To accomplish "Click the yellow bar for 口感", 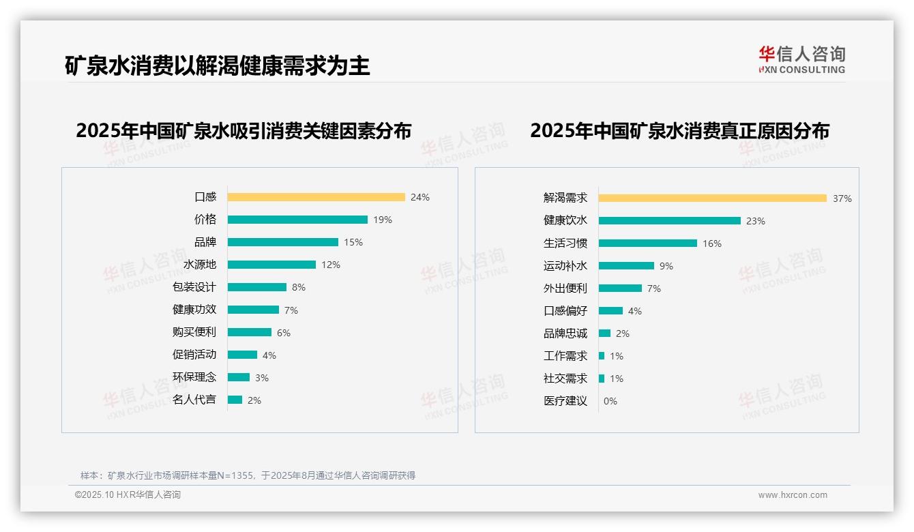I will pyautogui.click(x=316, y=197).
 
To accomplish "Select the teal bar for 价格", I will pyautogui.click(x=297, y=220).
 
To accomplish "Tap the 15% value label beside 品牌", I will pyautogui.click(x=353, y=242).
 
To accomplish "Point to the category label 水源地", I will pyautogui.click(x=200, y=265).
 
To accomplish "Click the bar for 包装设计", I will pyautogui.click(x=257, y=287).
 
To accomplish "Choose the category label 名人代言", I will pyautogui.click(x=194, y=400).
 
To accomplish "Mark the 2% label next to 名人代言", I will pyautogui.click(x=254, y=400).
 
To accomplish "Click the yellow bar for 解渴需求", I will pyautogui.click(x=713, y=198).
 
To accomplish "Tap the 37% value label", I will pyautogui.click(x=842, y=199).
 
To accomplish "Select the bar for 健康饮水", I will pyautogui.click(x=670, y=221).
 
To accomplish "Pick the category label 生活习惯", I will pyautogui.click(x=565, y=243).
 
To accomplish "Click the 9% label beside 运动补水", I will pyautogui.click(x=666, y=266).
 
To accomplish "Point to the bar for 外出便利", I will pyautogui.click(x=621, y=289).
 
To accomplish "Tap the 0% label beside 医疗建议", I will pyautogui.click(x=610, y=401).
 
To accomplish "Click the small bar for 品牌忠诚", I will pyautogui.click(x=605, y=334).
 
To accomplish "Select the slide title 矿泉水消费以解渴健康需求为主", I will pyautogui.click(x=217, y=66).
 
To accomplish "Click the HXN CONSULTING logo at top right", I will pyautogui.click(x=801, y=60).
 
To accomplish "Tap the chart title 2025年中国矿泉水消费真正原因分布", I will pyautogui.click(x=679, y=131).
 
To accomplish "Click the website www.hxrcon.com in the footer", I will pyautogui.click(x=793, y=495).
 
